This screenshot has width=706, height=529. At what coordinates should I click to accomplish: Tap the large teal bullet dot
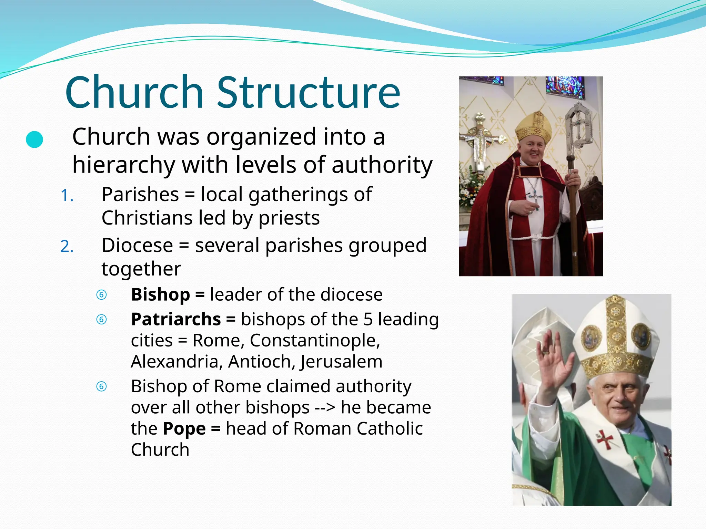tap(34, 139)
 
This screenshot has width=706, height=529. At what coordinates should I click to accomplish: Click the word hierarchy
tap(123, 165)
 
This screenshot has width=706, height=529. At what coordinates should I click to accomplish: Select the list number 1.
tap(67, 196)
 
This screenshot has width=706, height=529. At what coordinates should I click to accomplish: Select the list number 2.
tap(67, 247)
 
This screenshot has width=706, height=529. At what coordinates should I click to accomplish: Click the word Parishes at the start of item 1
tap(140, 195)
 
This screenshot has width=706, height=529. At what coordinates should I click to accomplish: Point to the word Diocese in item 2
tap(137, 246)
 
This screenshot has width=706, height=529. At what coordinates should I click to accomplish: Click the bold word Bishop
tap(160, 295)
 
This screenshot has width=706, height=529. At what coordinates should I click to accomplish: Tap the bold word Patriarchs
tap(176, 319)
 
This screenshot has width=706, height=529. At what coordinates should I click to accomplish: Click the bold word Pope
tap(184, 429)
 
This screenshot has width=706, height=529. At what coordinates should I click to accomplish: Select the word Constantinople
tap(314, 341)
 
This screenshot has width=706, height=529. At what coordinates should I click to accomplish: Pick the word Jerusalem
tap(341, 362)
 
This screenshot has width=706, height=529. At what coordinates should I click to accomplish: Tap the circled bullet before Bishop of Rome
tap(101, 386)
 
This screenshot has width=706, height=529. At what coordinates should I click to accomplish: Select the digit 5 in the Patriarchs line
tap(368, 319)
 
